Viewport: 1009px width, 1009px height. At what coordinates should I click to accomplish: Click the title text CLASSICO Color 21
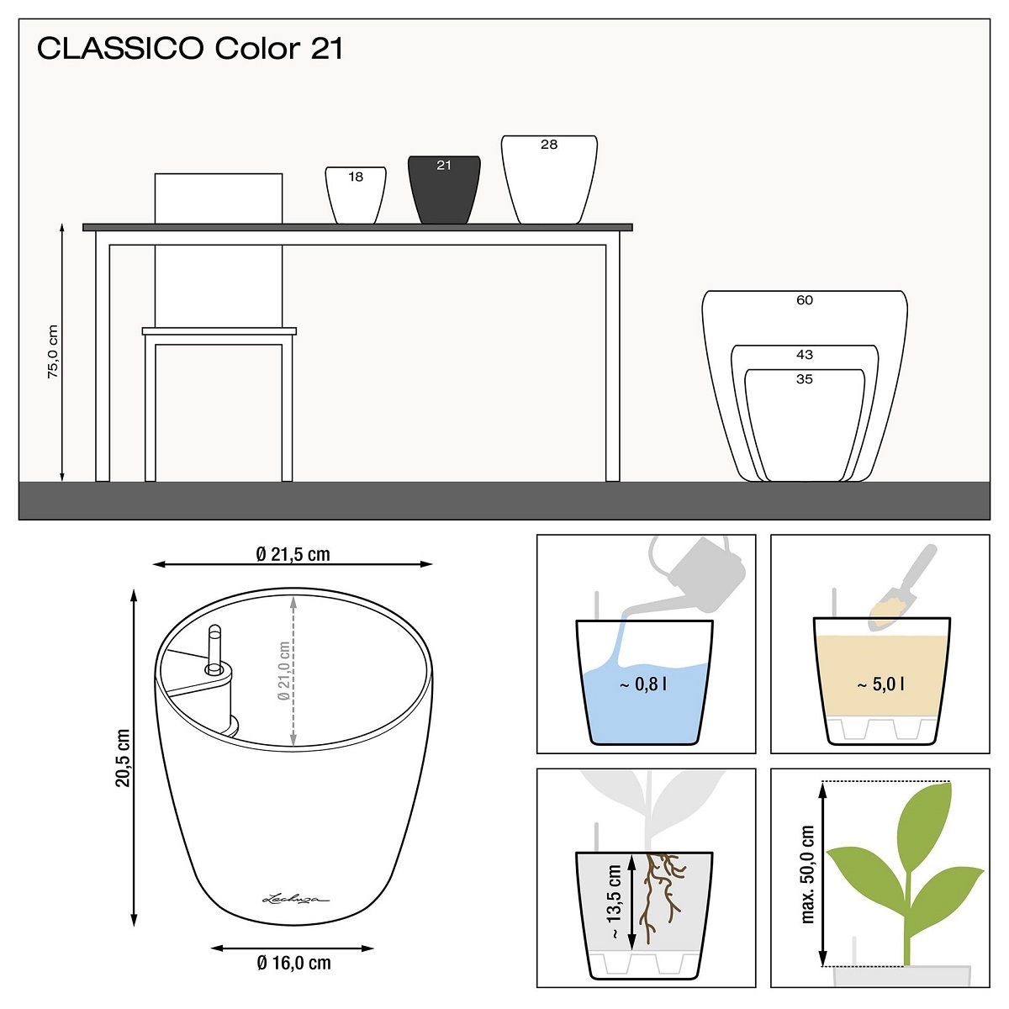point(190,48)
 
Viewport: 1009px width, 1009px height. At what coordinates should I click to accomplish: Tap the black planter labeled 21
point(444,189)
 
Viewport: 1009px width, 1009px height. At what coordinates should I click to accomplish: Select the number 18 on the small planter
point(356,177)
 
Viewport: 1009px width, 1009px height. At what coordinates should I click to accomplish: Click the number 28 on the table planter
point(549,145)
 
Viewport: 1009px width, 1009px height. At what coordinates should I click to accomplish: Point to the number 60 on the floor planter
point(805,300)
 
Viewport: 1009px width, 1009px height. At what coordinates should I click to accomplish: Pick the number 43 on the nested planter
point(805,355)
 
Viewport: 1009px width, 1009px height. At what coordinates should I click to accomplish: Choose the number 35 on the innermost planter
point(805,378)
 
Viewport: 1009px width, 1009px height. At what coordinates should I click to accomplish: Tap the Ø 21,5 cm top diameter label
point(293,554)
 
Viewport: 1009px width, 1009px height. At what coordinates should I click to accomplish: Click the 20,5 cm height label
point(123,758)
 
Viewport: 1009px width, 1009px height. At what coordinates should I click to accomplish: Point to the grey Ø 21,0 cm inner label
point(284,671)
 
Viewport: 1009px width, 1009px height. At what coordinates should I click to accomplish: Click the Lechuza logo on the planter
point(295,899)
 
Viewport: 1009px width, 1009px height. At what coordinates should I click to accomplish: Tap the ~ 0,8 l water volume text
point(643,684)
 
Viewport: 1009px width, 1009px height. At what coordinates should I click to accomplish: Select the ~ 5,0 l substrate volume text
point(880,684)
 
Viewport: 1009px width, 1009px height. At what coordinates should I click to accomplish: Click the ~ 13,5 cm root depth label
point(614,901)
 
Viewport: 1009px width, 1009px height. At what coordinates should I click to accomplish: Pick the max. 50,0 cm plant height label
point(807,874)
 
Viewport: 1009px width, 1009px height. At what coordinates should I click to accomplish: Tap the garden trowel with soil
point(901,587)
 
